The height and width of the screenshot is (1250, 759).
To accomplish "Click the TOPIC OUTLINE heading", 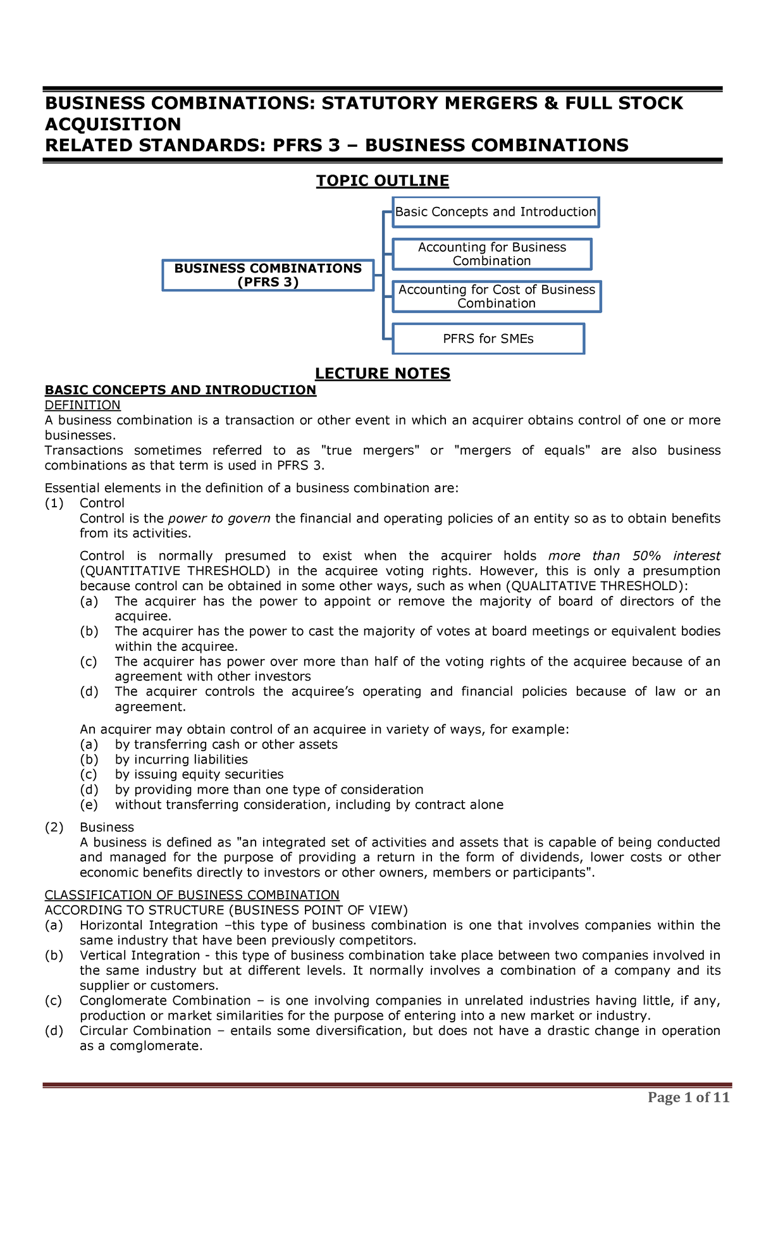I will click(x=382, y=181).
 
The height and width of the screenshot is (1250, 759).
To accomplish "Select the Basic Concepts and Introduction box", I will click(x=495, y=212).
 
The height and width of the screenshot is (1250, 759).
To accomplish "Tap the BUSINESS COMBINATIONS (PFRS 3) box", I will click(x=268, y=275).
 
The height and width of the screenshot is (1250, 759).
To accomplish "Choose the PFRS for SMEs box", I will click(x=488, y=339).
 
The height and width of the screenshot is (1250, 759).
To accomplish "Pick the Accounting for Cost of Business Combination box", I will click(x=497, y=296).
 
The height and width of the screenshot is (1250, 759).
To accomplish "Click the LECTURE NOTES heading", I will click(x=382, y=374).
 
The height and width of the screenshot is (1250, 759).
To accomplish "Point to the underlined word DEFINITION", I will click(x=82, y=405).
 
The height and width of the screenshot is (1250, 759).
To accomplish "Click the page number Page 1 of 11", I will click(x=688, y=1097).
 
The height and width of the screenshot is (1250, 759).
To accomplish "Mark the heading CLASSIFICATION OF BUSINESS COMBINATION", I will click(x=192, y=894).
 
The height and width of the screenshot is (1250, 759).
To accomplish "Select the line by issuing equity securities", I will click(x=199, y=774).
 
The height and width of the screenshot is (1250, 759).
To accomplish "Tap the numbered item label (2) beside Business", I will click(x=54, y=827).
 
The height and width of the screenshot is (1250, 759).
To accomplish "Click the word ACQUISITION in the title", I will click(x=113, y=124).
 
